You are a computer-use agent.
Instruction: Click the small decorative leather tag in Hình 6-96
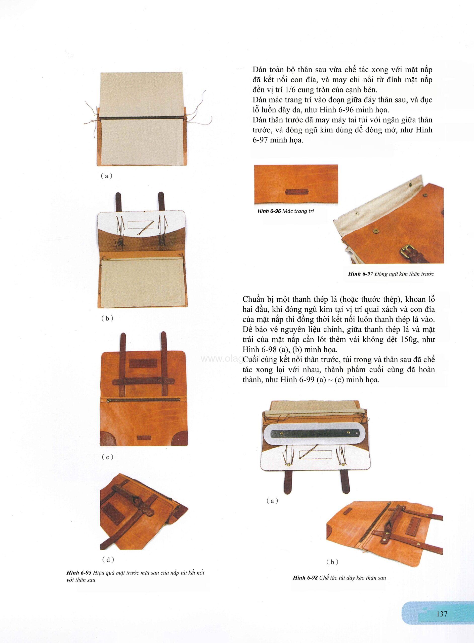coord(296,192)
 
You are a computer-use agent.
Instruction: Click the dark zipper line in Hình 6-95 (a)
coord(142,118)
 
